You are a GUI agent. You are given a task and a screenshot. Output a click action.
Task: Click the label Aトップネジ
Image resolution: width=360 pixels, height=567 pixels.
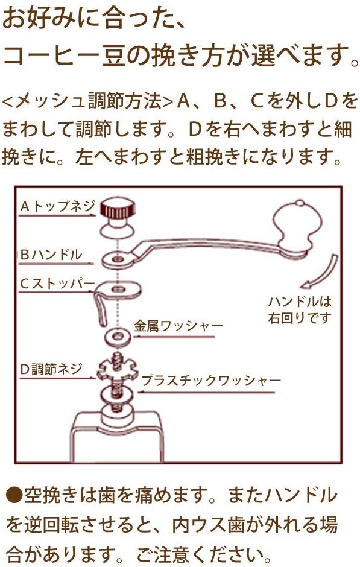(58, 207)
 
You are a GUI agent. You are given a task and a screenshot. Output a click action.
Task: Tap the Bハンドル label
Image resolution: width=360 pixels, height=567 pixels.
(51, 255)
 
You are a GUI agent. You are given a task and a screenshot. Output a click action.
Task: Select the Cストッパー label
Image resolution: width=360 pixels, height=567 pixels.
(58, 284)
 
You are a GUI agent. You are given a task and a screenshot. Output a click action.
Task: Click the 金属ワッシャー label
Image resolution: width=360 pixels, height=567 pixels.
(178, 326)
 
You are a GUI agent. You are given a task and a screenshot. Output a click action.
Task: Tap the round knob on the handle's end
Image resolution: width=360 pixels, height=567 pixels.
(294, 227)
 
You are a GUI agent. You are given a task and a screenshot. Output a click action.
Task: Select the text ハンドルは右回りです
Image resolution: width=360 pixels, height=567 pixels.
(300, 309)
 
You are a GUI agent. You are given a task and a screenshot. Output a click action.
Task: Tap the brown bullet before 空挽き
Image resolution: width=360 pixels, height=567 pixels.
(14, 496)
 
